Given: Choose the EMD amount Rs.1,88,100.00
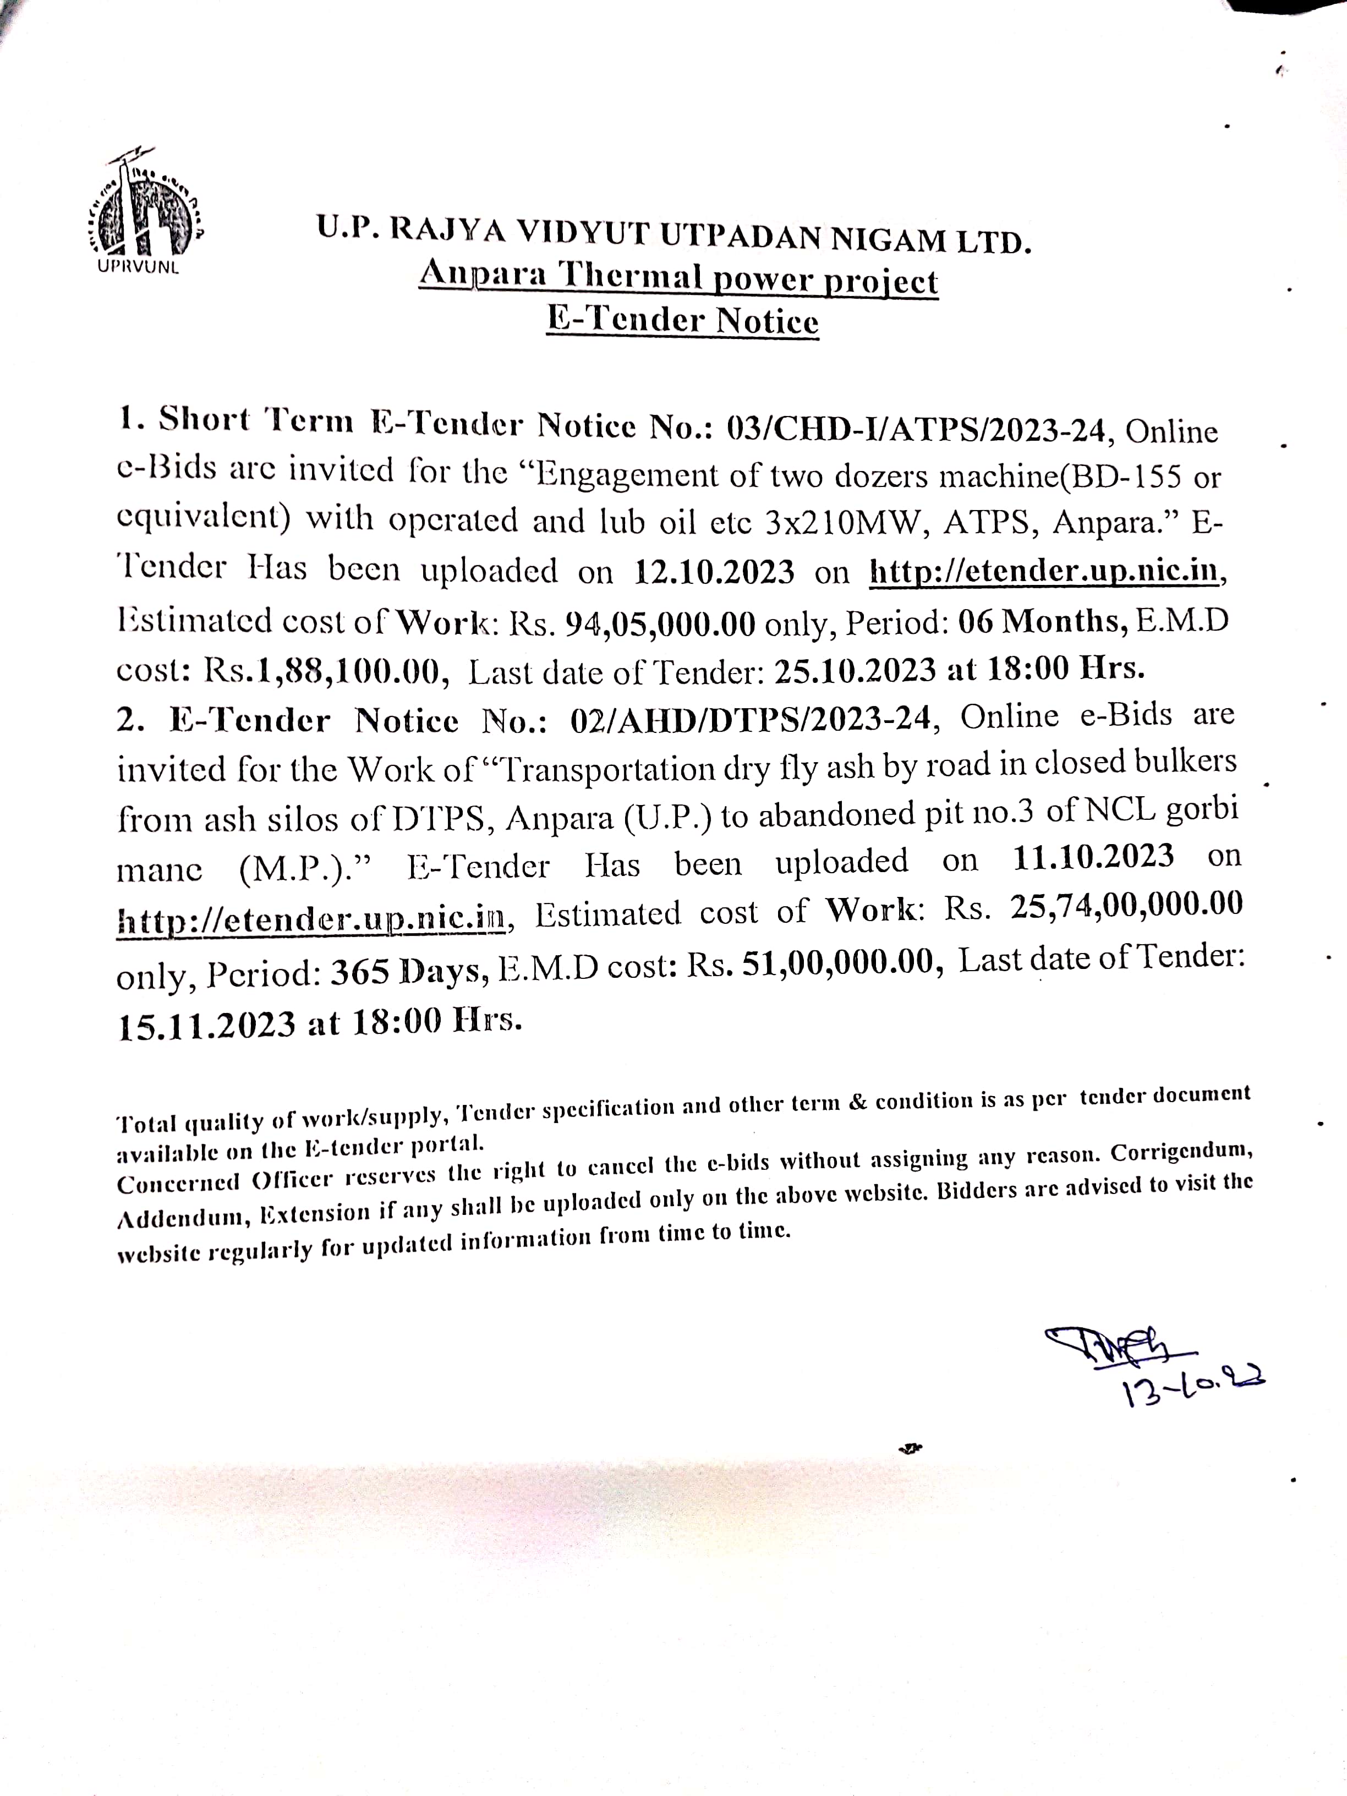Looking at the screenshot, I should click(x=323, y=671).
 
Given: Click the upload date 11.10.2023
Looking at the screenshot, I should click(x=1093, y=857).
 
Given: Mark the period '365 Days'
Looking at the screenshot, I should click(x=408, y=972).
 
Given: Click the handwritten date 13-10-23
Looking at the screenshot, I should click(x=1193, y=1387).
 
